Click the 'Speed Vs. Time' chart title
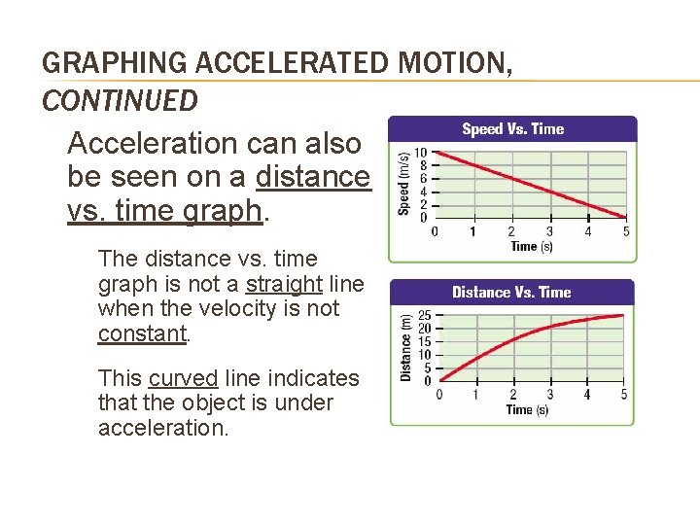click(x=512, y=129)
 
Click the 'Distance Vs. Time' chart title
click(x=511, y=292)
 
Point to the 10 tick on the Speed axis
click(x=420, y=154)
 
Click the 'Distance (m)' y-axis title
click(x=405, y=345)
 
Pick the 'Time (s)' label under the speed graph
click(x=531, y=246)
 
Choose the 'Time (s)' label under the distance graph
click(x=527, y=409)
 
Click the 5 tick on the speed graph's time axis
click(x=626, y=231)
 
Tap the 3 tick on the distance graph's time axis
click(x=549, y=395)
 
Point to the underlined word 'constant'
click(x=142, y=333)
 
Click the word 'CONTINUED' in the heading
click(x=121, y=99)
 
